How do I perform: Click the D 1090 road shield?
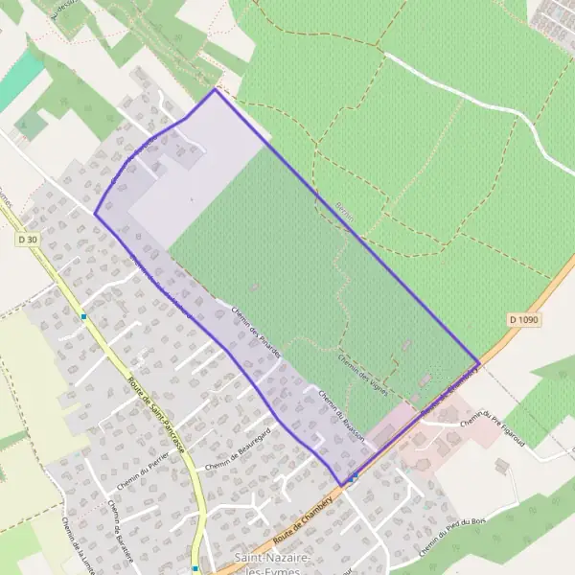pos(524,318)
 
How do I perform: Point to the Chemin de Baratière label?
pos(121,528)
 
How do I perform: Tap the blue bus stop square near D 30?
pos(85,316)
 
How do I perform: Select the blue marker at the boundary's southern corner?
pos(354,476)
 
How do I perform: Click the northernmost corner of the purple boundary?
pos(215,90)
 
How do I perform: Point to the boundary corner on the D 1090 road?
pos(477,361)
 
